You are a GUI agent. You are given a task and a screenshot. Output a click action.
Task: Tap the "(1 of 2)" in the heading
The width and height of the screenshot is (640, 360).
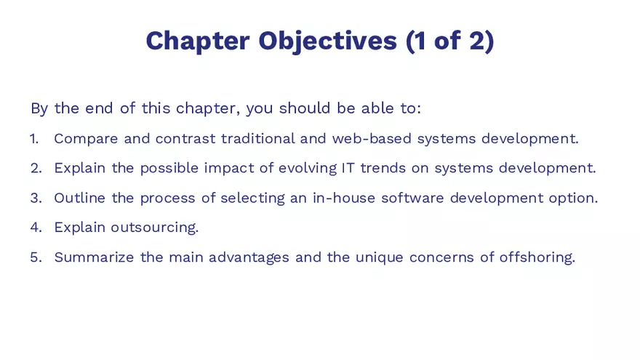pos(450,41)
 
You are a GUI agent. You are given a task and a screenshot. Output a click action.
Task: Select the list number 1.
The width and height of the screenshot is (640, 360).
pos(33,138)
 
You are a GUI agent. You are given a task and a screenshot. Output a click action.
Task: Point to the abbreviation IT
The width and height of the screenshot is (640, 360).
pos(348,168)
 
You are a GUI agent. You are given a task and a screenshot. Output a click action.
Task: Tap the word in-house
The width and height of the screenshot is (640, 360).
pos(343,198)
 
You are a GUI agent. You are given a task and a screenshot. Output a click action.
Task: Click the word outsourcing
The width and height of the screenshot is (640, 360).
pos(154,228)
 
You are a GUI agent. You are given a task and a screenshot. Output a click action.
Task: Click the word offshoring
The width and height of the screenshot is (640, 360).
pos(537,257)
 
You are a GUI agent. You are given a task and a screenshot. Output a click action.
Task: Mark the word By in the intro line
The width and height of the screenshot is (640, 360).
pos(39,109)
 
